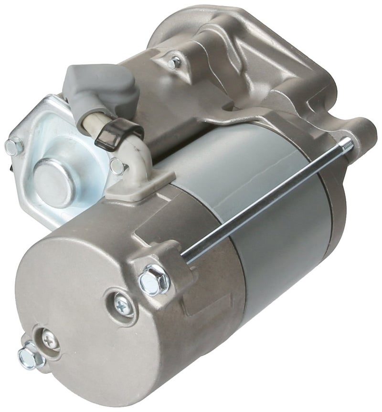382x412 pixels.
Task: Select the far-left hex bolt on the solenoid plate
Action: (14, 147)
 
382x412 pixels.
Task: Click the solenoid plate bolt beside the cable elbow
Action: (117, 166)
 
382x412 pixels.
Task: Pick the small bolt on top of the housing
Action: (175, 62)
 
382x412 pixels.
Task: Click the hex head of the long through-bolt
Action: (154, 279)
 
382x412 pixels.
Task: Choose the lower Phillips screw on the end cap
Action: (49, 340)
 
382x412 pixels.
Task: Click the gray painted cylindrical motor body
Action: (267, 238)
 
